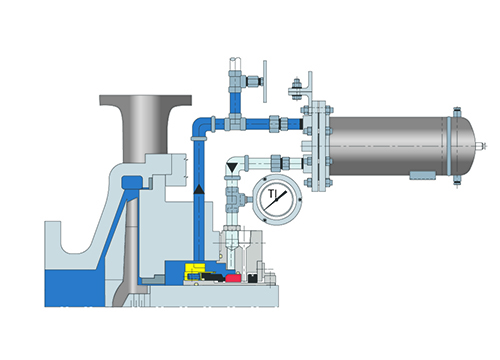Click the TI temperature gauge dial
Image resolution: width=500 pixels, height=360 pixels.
click(x=275, y=199)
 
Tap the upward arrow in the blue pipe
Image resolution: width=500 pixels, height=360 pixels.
click(x=199, y=187)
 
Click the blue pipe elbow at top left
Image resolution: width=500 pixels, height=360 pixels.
click(x=201, y=126)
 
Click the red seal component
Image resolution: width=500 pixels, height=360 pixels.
click(x=232, y=275)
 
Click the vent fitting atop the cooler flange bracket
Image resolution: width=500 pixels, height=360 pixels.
click(x=297, y=86)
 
